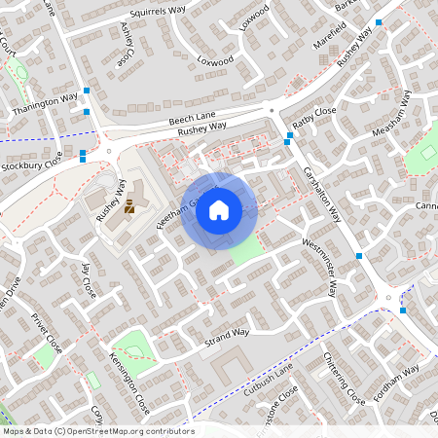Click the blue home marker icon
point(219,209)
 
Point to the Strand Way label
point(227,338)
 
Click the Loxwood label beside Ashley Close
point(216,60)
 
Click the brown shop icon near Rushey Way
point(129,205)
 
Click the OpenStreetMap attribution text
point(97,430)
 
